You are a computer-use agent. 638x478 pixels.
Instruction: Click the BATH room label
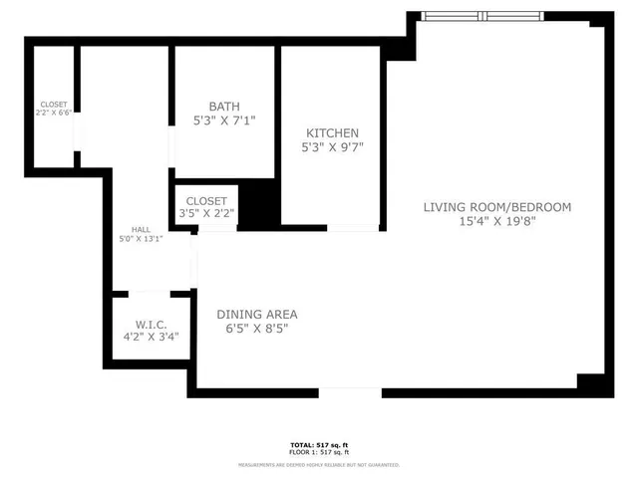[x=224, y=107]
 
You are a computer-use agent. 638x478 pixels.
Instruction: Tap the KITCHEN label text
[x=332, y=133]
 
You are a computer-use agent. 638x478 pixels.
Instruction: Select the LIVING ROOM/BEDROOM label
[x=496, y=207]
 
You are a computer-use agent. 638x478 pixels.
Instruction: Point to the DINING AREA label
[x=257, y=315]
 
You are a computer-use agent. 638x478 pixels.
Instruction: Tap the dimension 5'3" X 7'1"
[x=224, y=120]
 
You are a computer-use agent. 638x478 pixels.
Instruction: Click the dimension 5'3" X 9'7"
[x=332, y=147]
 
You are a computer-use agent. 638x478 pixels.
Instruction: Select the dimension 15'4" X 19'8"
[x=496, y=222]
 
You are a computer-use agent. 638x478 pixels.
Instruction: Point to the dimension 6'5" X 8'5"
[x=257, y=330]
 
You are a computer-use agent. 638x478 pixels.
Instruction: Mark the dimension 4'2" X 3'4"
[x=152, y=338]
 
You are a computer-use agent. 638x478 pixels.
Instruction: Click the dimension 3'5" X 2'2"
[x=206, y=213]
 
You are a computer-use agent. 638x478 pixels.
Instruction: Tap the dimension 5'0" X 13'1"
[x=141, y=238]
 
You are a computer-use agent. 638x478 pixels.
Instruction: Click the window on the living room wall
[x=483, y=16]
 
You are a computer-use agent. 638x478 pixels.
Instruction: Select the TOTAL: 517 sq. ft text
[x=319, y=444]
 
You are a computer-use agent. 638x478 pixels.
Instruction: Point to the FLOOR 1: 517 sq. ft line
[x=319, y=452]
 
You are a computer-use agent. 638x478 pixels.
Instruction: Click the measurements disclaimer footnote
[x=319, y=464]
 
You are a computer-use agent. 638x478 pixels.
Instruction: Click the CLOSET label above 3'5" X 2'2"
[x=206, y=200]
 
